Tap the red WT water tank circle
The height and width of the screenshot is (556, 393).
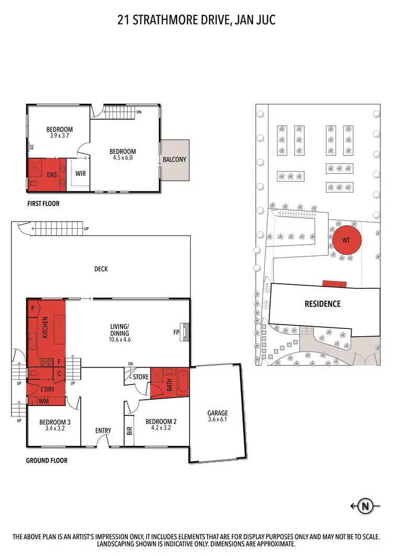pyautogui.click(x=345, y=240)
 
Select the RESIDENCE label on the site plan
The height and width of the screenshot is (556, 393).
pyautogui.click(x=323, y=304)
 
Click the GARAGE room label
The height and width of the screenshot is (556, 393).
pyautogui.click(x=217, y=413)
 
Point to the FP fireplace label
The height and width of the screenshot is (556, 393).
pyautogui.click(x=177, y=332)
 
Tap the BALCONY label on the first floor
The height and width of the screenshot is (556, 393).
pyautogui.click(x=174, y=159)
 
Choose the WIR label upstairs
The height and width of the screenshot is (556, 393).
pyautogui.click(x=81, y=173)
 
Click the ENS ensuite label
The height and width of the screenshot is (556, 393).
pyautogui.click(x=51, y=175)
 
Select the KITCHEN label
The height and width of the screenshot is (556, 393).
pyautogui.click(x=46, y=326)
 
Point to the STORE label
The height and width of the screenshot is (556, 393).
pyautogui.click(x=140, y=377)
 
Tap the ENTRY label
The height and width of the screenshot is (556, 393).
pyautogui.click(x=103, y=431)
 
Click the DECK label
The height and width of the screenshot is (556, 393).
pyautogui.click(x=101, y=269)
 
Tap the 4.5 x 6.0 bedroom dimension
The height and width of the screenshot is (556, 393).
pyautogui.click(x=125, y=157)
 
